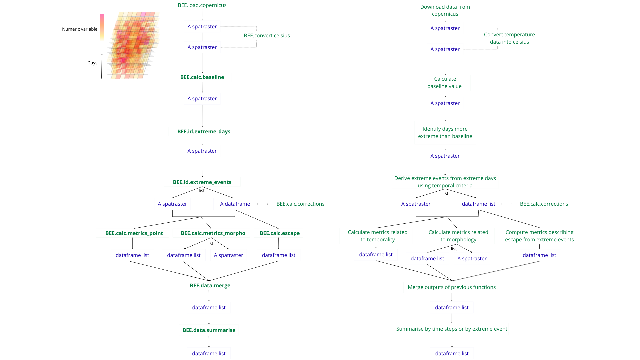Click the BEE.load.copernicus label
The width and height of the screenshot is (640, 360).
tap(202, 5)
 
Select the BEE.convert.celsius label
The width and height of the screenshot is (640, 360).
tap(267, 36)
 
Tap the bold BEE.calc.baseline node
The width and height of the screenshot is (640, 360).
tap(202, 77)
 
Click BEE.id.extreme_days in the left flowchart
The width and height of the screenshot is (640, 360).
tap(204, 132)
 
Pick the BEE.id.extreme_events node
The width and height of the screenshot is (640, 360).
tap(202, 182)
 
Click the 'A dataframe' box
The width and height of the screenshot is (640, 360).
tap(235, 204)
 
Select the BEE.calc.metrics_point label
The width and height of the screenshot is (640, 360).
tap(134, 233)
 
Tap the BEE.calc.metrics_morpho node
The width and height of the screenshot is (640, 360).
tap(213, 233)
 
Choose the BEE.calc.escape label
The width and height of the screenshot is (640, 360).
tap(279, 233)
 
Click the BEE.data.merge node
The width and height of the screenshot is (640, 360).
tap(210, 286)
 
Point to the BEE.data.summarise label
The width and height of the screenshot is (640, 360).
tap(209, 330)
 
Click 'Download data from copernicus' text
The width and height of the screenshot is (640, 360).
tap(445, 10)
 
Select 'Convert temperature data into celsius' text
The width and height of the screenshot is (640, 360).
tap(509, 38)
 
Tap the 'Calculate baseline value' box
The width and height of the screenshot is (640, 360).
tap(445, 83)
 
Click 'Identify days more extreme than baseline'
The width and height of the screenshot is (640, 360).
tap(445, 133)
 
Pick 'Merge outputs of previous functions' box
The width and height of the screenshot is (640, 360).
tap(452, 287)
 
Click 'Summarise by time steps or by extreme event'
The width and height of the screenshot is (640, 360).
tap(452, 329)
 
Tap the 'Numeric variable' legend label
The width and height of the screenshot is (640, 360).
tap(80, 29)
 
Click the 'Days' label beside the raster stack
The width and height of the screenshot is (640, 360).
tap(92, 63)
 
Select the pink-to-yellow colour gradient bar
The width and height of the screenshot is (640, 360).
tap(102, 27)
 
